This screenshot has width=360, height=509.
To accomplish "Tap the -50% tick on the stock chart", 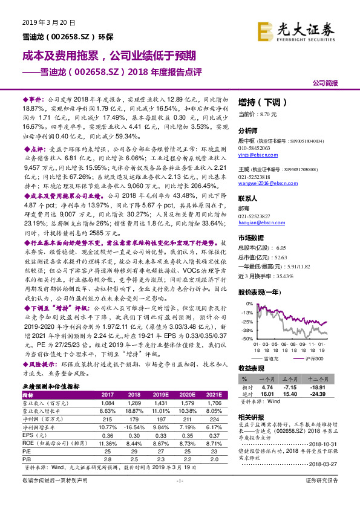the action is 247,339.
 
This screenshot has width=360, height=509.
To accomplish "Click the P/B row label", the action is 27,459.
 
